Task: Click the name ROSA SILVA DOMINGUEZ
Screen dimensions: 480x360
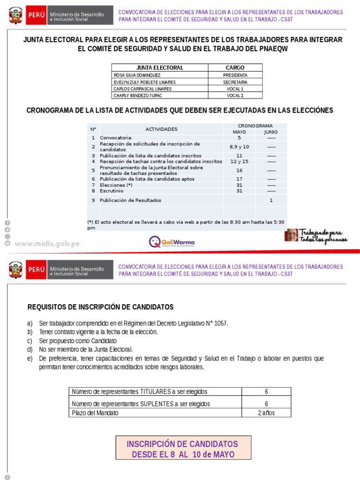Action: pyautogui.click(x=136, y=75)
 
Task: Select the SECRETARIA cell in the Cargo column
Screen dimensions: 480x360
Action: pyautogui.click(x=235, y=82)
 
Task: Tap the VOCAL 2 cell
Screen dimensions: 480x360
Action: pyautogui.click(x=235, y=96)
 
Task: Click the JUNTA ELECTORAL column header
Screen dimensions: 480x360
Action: pyautogui.click(x=159, y=67)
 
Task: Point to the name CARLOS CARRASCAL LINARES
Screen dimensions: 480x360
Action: pyautogui.click(x=142, y=89)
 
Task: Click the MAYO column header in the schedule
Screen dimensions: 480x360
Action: pyautogui.click(x=239, y=132)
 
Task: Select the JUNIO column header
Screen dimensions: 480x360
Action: pyautogui.click(x=271, y=132)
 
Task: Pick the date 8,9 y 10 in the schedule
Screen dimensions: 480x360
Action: pyautogui.click(x=239, y=147)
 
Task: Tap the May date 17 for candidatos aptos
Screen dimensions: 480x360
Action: pyautogui.click(x=239, y=179)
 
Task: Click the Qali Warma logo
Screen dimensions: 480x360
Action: pyautogui.click(x=172, y=242)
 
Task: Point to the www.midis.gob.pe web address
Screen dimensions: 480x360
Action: pyautogui.click(x=47, y=244)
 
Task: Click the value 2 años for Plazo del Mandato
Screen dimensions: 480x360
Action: pyautogui.click(x=266, y=413)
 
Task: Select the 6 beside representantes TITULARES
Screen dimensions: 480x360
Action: pyautogui.click(x=266, y=391)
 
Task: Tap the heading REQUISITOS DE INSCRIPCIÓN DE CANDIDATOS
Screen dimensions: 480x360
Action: pyautogui.click(x=100, y=307)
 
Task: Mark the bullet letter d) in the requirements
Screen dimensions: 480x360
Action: pyautogui.click(x=30, y=349)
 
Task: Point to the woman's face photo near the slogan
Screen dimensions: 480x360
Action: pyautogui.click(x=291, y=235)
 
